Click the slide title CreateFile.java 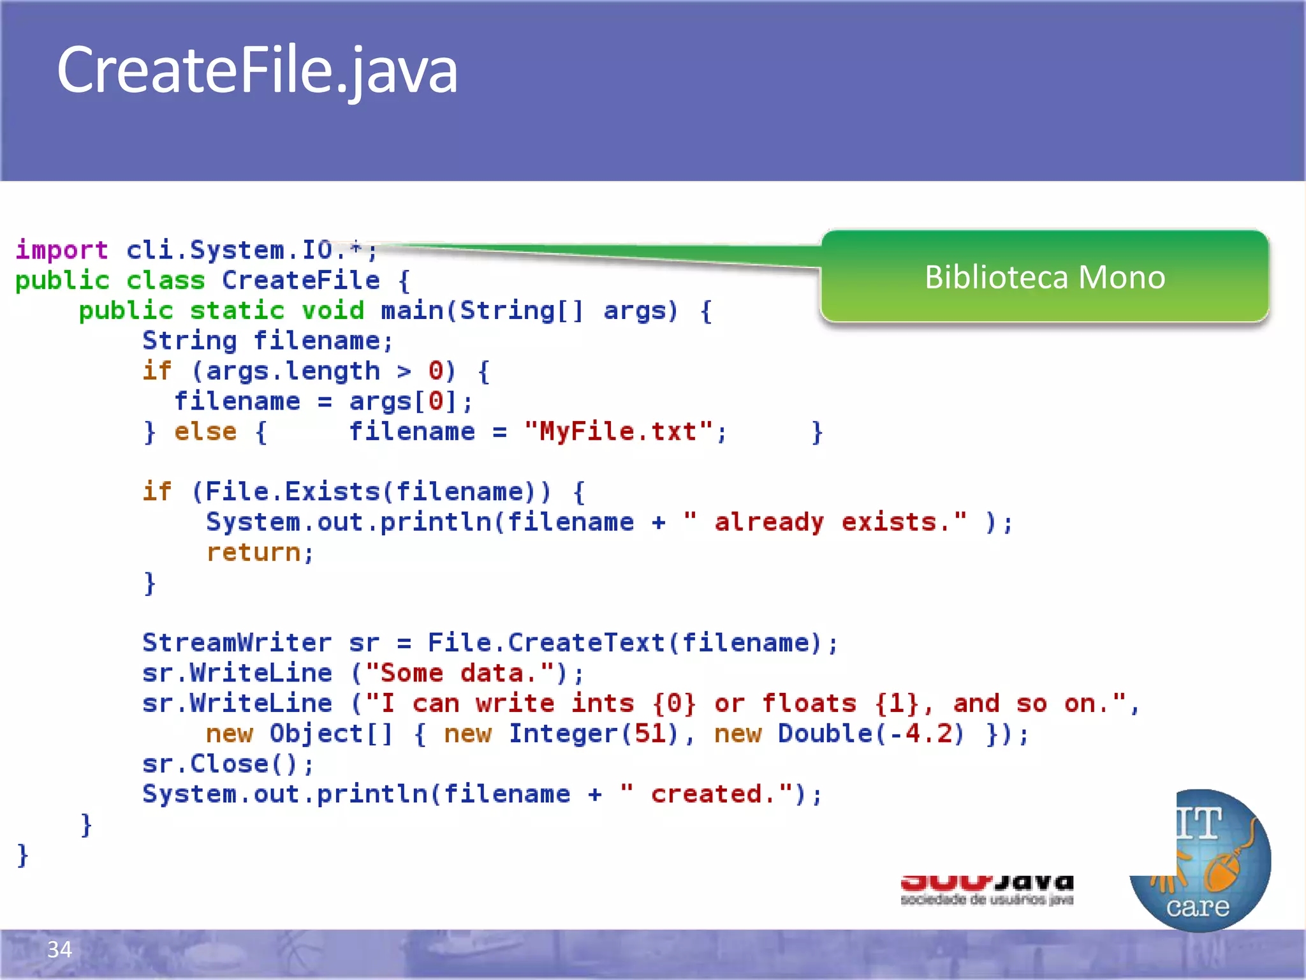point(257,70)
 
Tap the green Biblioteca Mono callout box point(1045,277)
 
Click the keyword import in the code point(62,249)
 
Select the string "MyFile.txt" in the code point(618,431)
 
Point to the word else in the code point(205,432)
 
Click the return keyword point(253,553)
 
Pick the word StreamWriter point(237,642)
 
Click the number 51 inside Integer point(650,734)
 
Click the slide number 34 point(59,949)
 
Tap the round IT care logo point(1200,861)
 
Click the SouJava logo point(987,889)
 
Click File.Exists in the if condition point(293,492)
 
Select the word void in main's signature point(332,311)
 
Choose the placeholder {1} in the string point(897,704)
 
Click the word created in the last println point(706,794)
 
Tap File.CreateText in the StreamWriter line point(547,642)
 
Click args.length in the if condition point(293,371)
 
